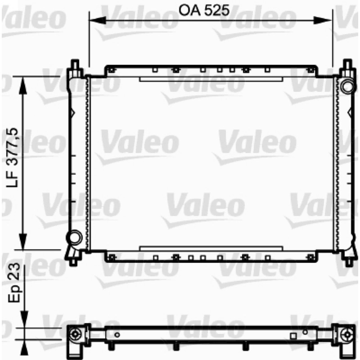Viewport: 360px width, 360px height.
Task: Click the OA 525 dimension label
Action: click(204, 10)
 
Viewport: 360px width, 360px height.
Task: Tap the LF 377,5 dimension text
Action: click(12, 157)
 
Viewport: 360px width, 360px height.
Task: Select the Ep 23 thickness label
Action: click(14, 283)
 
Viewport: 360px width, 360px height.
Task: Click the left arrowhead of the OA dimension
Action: click(97, 20)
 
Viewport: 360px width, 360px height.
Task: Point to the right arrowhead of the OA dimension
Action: click(323, 20)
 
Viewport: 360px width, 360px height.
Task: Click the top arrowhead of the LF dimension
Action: click(23, 85)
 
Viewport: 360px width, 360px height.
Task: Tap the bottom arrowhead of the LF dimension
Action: click(23, 242)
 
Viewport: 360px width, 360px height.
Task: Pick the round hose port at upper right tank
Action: click(348, 86)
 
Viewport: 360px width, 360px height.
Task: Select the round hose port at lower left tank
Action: click(74, 238)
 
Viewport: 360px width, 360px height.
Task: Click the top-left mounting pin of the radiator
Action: click(75, 64)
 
